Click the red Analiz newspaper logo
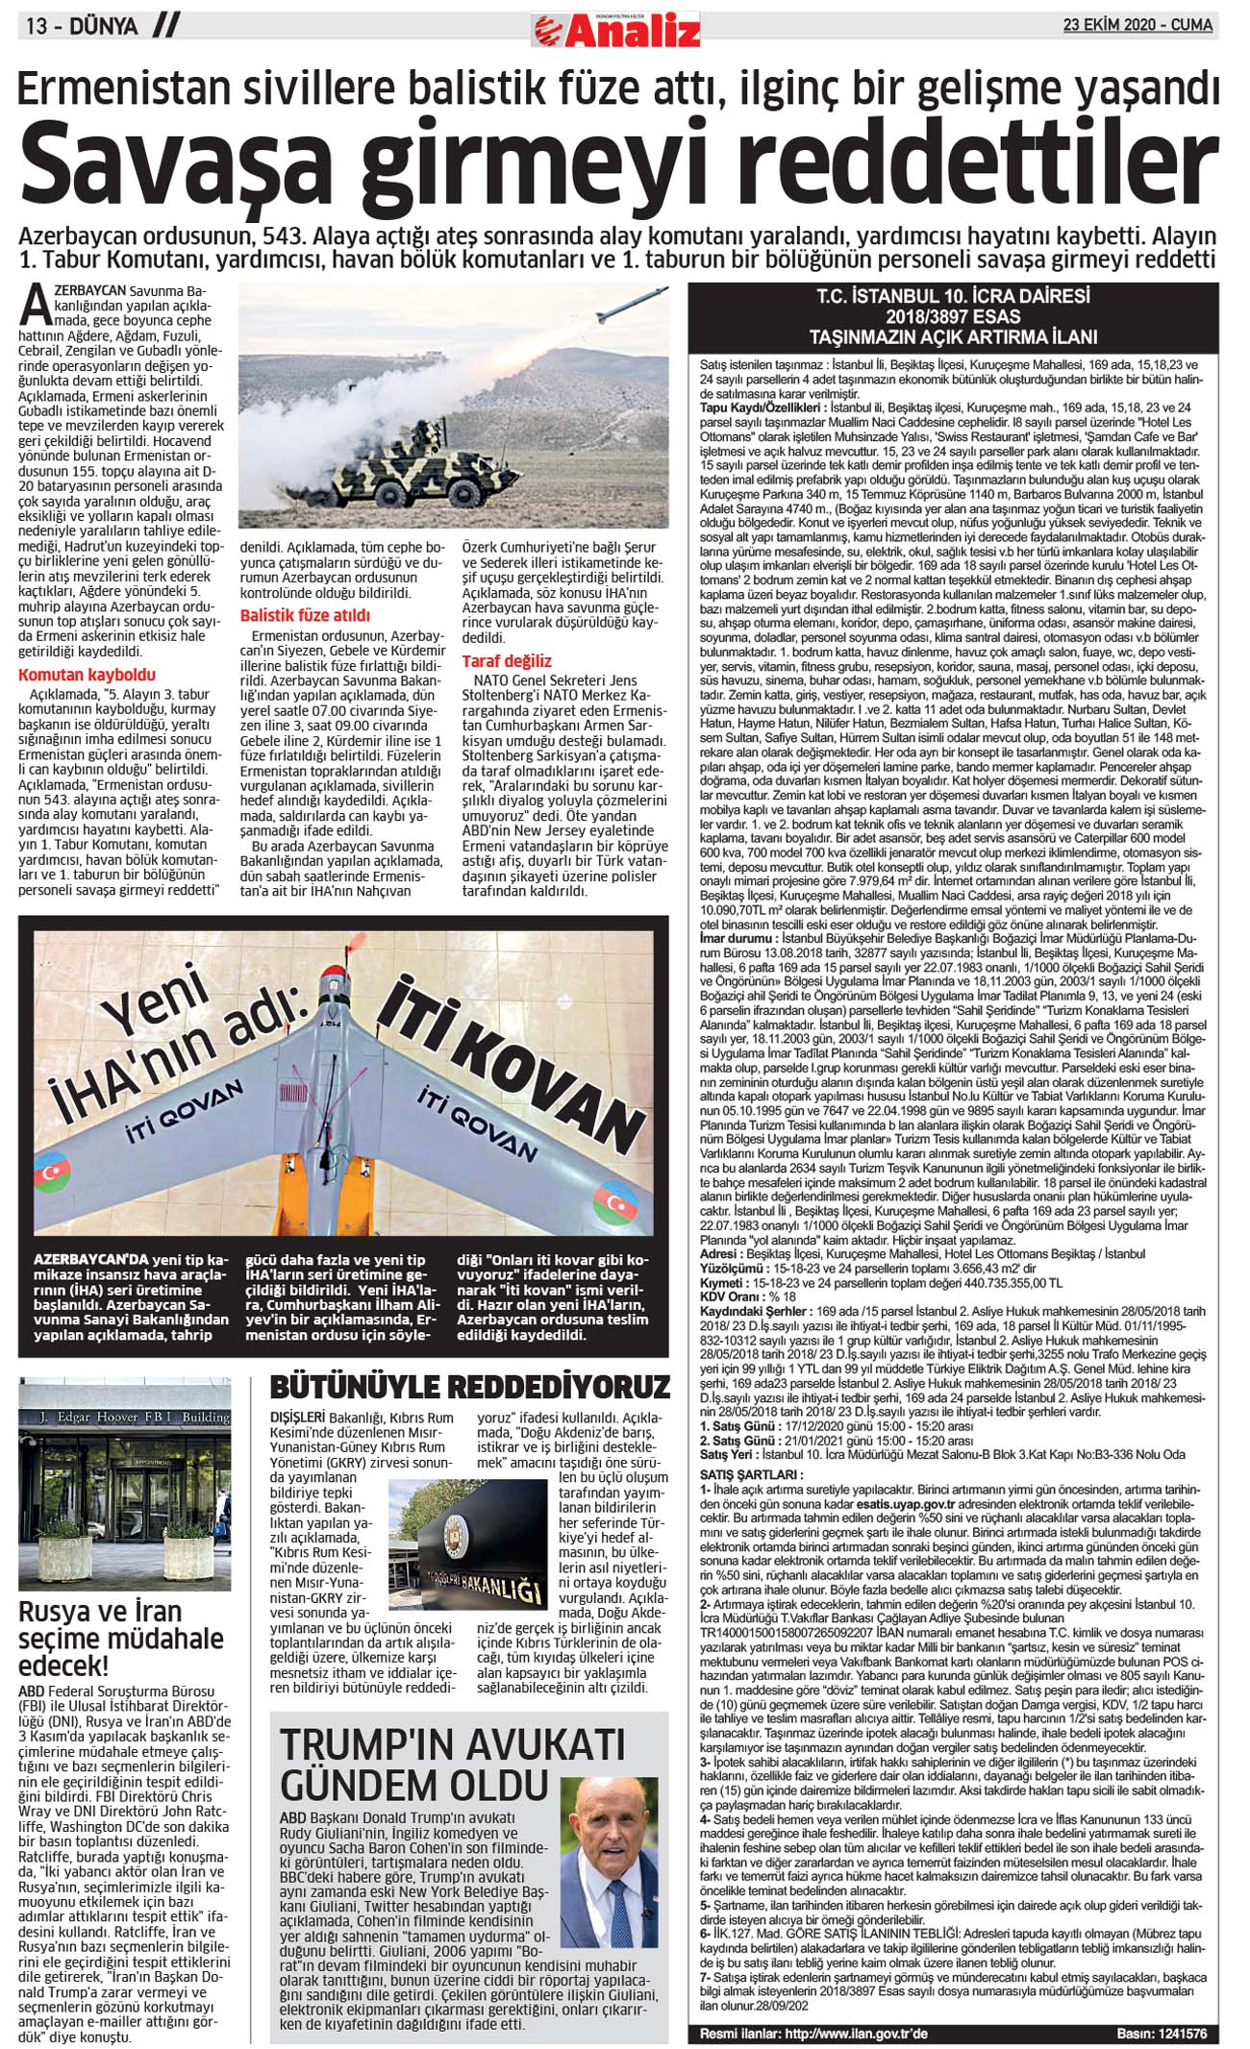tap(616, 30)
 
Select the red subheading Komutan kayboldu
tap(87, 675)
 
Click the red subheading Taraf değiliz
tap(506, 660)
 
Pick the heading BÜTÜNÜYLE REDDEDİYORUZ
tap(469, 1387)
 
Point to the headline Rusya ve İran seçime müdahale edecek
tap(120, 1638)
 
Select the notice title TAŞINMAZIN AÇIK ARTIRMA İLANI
tap(952, 337)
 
